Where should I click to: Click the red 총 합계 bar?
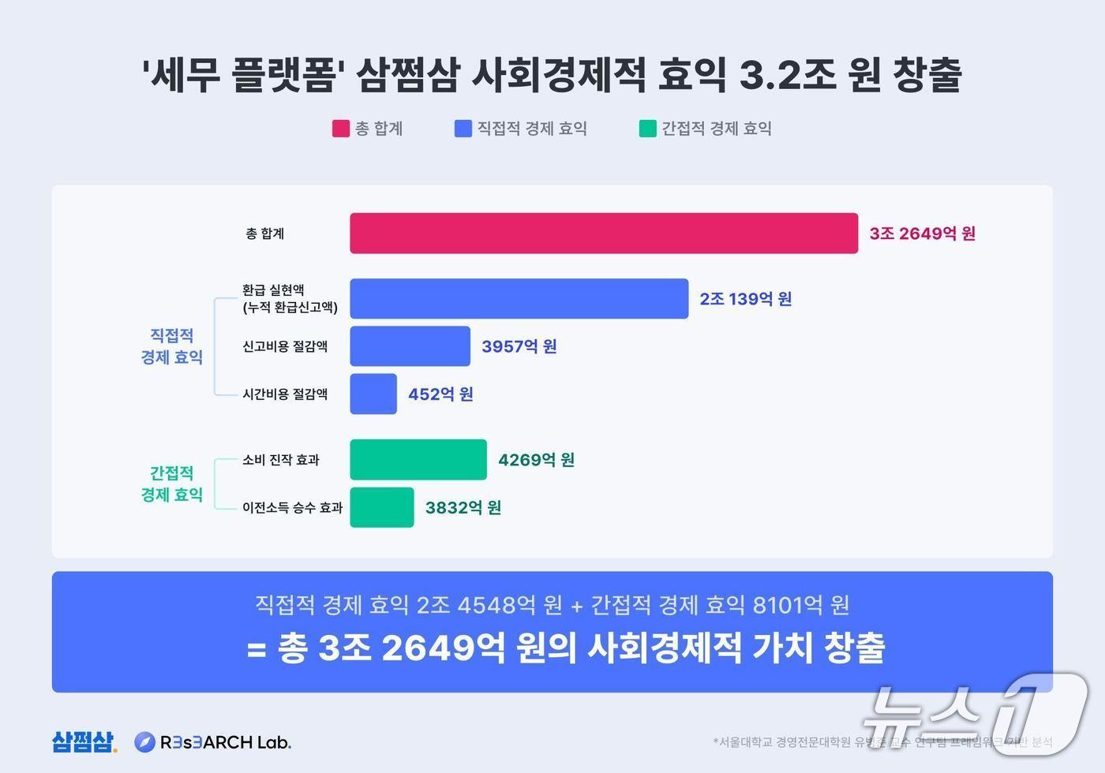(604, 233)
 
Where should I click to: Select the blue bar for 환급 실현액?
(519, 299)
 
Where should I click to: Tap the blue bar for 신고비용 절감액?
(410, 346)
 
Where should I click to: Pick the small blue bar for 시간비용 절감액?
(373, 394)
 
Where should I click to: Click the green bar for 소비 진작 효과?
(418, 460)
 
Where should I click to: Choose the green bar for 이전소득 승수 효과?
(382, 507)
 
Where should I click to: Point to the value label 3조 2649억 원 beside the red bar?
(922, 233)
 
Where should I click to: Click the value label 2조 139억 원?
(745, 299)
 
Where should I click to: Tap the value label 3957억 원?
(519, 346)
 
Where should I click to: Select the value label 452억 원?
(440, 394)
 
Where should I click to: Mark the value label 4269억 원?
(536, 460)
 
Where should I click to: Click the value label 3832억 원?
(463, 507)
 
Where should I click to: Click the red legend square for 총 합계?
(340, 129)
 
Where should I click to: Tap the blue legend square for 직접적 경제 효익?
(463, 129)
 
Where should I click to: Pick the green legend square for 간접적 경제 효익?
(648, 129)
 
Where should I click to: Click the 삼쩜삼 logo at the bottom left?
(84, 741)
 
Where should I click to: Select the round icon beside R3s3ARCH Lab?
(144, 741)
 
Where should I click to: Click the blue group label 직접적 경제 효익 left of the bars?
(171, 346)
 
